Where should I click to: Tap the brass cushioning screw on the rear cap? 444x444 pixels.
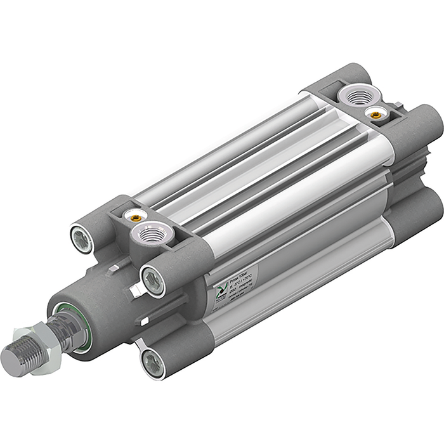375,114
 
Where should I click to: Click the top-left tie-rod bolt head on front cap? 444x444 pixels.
82,239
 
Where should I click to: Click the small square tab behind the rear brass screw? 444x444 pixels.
397,106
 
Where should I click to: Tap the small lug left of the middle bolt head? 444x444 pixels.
134,292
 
